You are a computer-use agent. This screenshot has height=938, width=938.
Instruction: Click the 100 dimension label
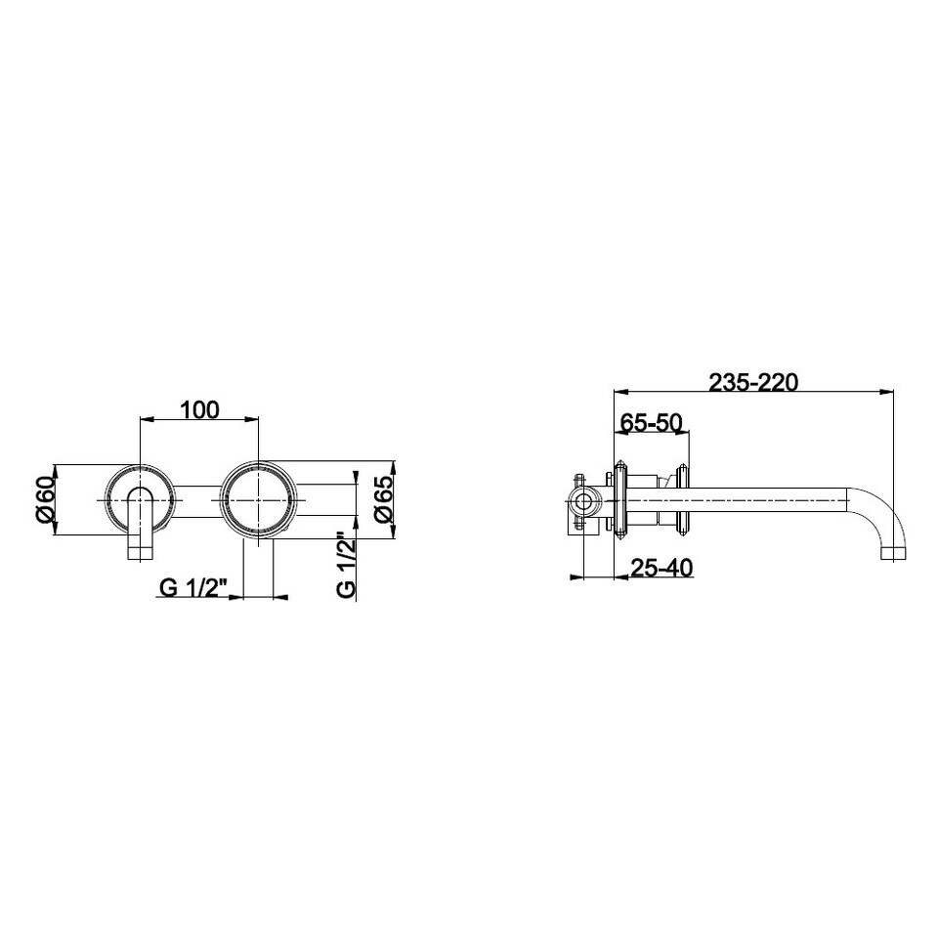pyautogui.click(x=199, y=409)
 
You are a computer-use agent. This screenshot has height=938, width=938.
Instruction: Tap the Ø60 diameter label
pyautogui.click(x=46, y=499)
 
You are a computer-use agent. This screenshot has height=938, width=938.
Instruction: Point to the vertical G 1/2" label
pyautogui.click(x=347, y=565)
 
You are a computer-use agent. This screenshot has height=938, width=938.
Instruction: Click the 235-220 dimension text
pyautogui.click(x=753, y=382)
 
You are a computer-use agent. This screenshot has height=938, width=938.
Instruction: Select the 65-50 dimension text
pyautogui.click(x=651, y=422)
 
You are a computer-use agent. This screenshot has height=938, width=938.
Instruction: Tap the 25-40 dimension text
pyautogui.click(x=662, y=567)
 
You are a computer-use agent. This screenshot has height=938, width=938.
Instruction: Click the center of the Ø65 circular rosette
pyautogui.click(x=258, y=499)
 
